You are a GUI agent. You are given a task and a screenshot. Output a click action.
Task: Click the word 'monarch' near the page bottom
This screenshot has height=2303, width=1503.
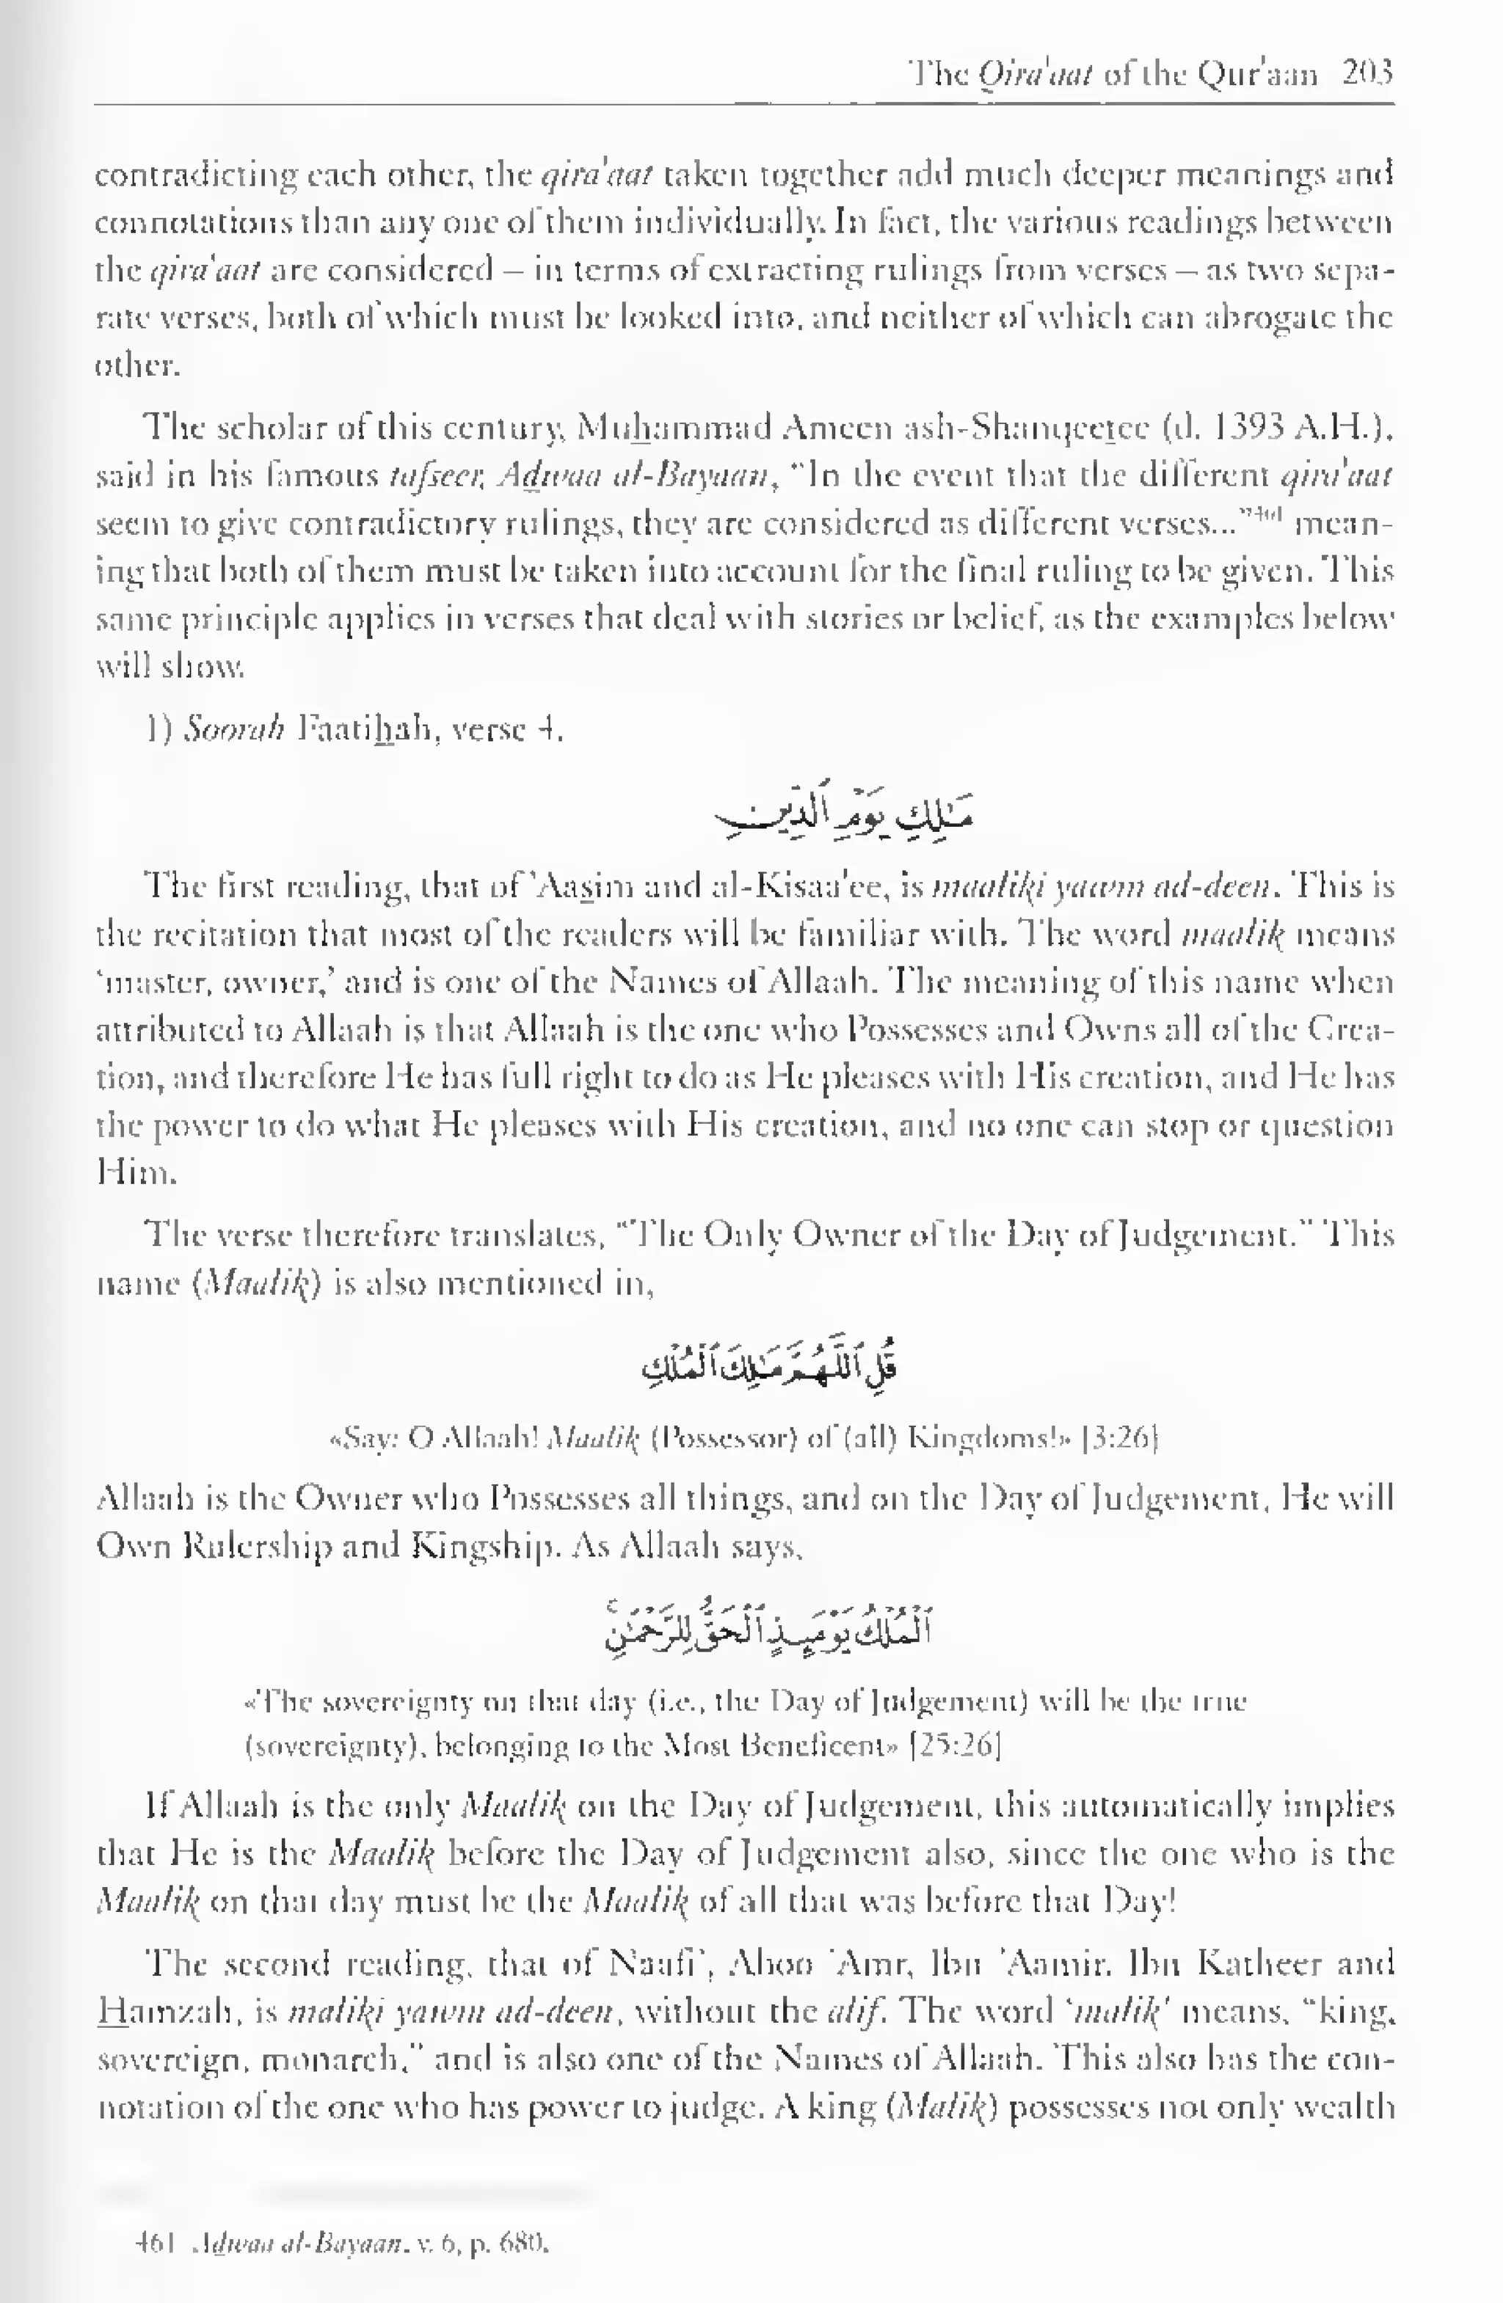(329, 2059)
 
